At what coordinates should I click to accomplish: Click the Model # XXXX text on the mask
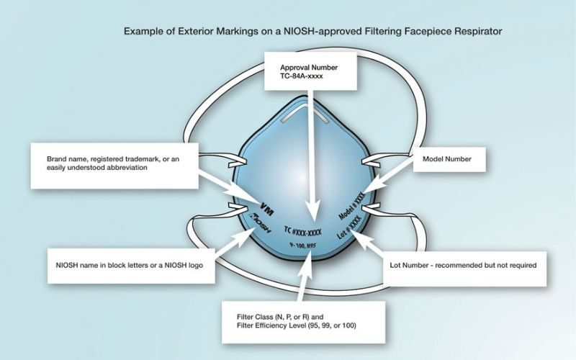pos(354,206)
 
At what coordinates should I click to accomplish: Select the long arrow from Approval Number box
pos(309,151)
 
